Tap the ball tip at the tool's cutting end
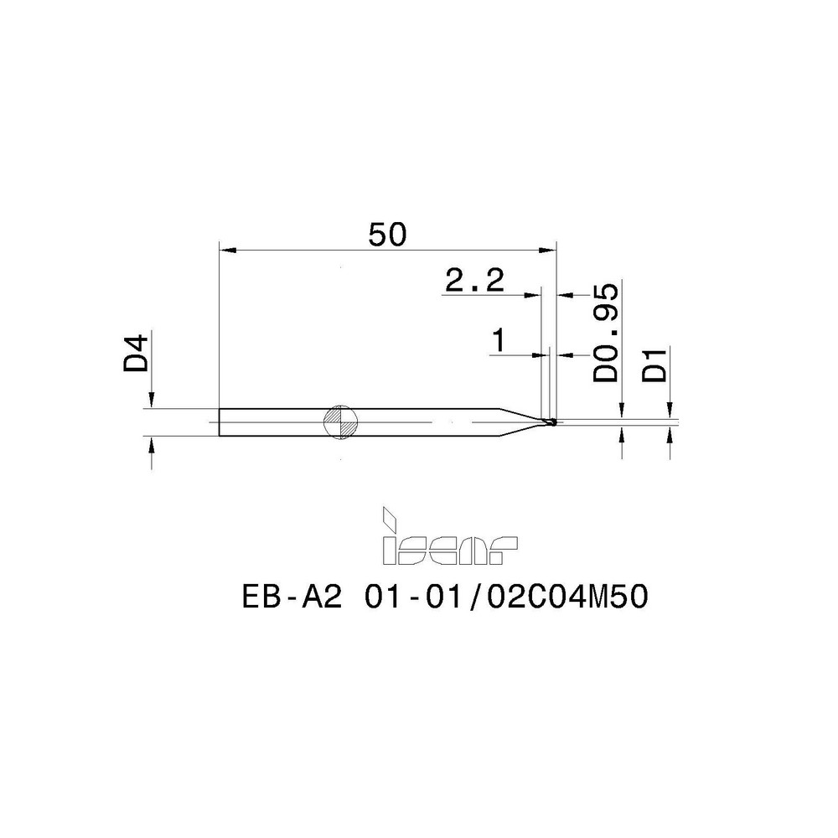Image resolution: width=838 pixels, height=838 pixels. (552, 422)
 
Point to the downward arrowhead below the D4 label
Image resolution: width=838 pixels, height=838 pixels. (152, 401)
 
